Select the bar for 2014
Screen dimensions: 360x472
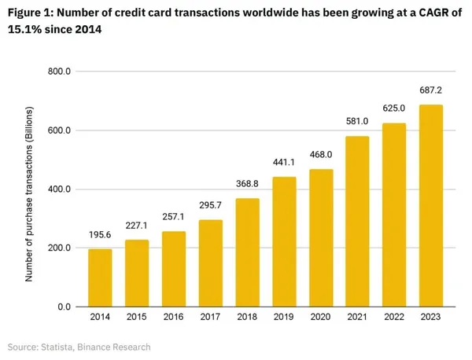point(100,277)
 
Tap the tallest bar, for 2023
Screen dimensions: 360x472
point(432,206)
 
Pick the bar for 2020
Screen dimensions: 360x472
point(321,237)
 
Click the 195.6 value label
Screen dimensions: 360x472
point(100,233)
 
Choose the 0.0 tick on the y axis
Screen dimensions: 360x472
point(65,307)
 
